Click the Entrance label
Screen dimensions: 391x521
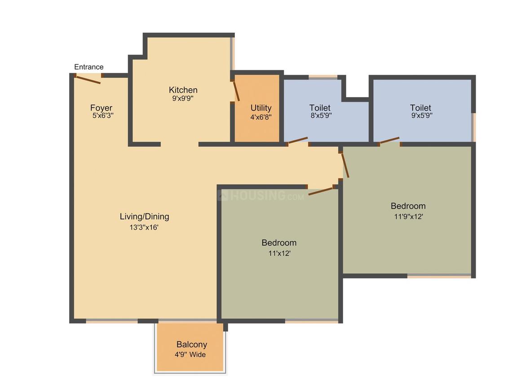pyautogui.click(x=88, y=67)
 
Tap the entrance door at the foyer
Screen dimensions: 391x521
pyautogui.click(x=88, y=80)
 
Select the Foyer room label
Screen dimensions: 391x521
pyautogui.click(x=101, y=108)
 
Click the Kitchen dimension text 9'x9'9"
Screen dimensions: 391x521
pyautogui.click(x=183, y=98)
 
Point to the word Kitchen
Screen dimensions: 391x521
pyautogui.click(x=183, y=90)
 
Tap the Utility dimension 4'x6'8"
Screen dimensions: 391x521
pyautogui.click(x=261, y=117)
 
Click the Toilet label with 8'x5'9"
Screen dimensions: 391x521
pyautogui.click(x=320, y=108)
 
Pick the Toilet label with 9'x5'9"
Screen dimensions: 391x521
pyautogui.click(x=420, y=108)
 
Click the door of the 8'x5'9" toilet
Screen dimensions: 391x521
pyautogui.click(x=297, y=141)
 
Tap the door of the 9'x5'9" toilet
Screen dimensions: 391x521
pyautogui.click(x=389, y=141)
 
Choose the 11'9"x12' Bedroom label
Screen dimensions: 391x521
pyautogui.click(x=408, y=206)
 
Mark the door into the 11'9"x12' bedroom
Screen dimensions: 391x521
pyautogui.click(x=345, y=165)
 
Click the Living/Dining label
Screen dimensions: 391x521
pyautogui.click(x=144, y=216)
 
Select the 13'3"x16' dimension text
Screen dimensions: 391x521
pyautogui.click(x=144, y=227)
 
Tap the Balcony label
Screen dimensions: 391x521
pyautogui.click(x=191, y=345)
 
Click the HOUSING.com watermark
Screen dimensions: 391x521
pyautogui.click(x=261, y=195)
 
